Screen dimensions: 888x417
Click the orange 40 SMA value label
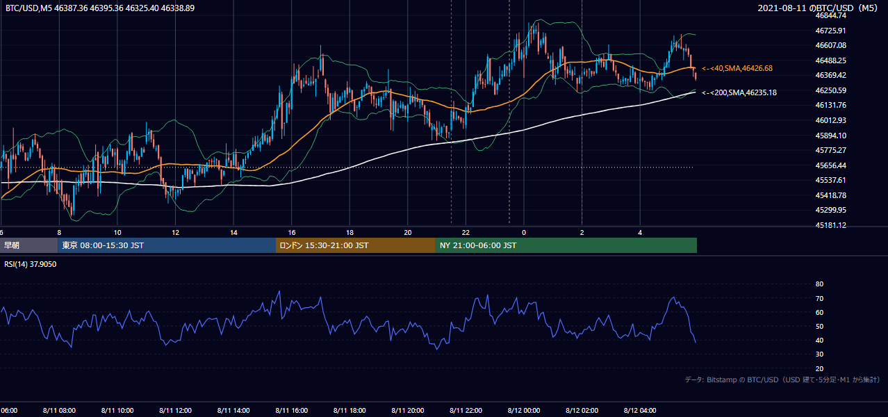click(x=737, y=68)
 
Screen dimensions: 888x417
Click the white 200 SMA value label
click(x=739, y=92)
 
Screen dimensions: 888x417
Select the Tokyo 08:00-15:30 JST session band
click(x=167, y=245)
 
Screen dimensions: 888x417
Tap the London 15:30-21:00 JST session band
click(x=355, y=245)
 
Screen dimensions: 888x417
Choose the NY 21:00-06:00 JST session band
click(x=566, y=245)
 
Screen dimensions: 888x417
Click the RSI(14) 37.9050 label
click(x=30, y=264)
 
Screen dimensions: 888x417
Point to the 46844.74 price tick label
click(x=831, y=16)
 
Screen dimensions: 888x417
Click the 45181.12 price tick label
click(x=831, y=225)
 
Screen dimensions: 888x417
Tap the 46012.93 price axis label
click(x=831, y=120)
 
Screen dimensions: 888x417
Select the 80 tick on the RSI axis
click(x=819, y=284)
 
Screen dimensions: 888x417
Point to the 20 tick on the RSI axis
click(x=819, y=368)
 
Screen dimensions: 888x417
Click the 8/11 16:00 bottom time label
click(x=291, y=411)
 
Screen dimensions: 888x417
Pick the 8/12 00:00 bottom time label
click(x=524, y=411)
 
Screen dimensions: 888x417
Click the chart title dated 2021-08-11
click(x=817, y=8)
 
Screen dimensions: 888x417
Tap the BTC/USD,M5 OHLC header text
click(x=100, y=8)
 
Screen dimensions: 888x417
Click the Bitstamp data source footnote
click(x=782, y=379)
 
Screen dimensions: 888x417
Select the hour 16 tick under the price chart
click(x=291, y=233)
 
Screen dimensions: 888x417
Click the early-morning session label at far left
click(x=12, y=245)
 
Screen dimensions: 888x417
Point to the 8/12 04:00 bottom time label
click(x=640, y=411)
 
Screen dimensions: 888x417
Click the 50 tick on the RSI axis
click(x=819, y=326)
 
